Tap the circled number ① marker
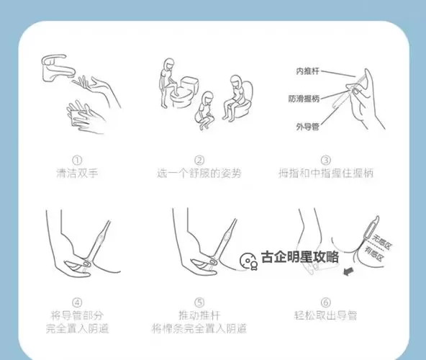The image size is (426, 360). point(77,161)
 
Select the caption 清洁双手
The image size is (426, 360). point(77,174)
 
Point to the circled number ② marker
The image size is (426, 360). point(199,161)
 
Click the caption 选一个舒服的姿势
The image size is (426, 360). point(200,174)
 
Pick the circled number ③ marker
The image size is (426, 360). point(326,161)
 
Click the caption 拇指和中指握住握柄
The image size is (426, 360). point(326,174)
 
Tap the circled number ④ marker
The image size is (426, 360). point(77,302)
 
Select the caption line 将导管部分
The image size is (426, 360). point(77,315)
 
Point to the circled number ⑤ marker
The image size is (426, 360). point(199,302)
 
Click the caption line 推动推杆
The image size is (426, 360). point(200,315)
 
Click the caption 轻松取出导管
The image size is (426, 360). point(326,315)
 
